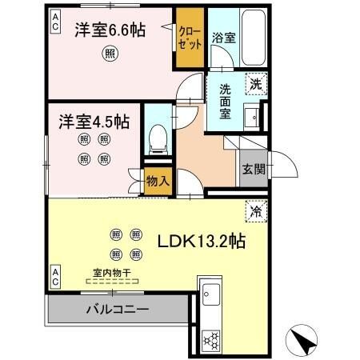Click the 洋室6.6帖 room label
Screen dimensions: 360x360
[x=110, y=31]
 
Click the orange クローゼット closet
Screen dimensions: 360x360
[x=190, y=38]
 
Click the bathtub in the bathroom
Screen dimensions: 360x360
[x=251, y=38]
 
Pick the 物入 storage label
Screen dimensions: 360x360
[x=158, y=182]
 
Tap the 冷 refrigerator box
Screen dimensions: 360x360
[x=257, y=213]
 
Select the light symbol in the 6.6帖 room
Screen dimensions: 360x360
[x=110, y=55]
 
